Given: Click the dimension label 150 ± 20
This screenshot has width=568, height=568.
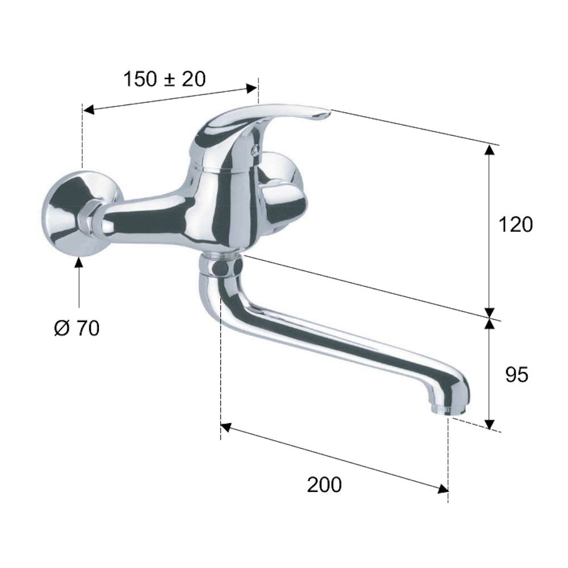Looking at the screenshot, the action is click(x=165, y=79).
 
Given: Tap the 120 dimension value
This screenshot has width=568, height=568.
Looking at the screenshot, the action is click(x=516, y=224).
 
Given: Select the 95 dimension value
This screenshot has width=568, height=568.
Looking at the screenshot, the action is click(x=516, y=374).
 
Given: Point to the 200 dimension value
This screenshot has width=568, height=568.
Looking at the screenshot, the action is click(x=324, y=485).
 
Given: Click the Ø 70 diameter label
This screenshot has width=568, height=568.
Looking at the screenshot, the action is click(x=77, y=328).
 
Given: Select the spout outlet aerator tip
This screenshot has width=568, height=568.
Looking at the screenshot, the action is click(x=440, y=410).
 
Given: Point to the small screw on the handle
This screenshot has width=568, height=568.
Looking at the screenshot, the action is click(x=257, y=148).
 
